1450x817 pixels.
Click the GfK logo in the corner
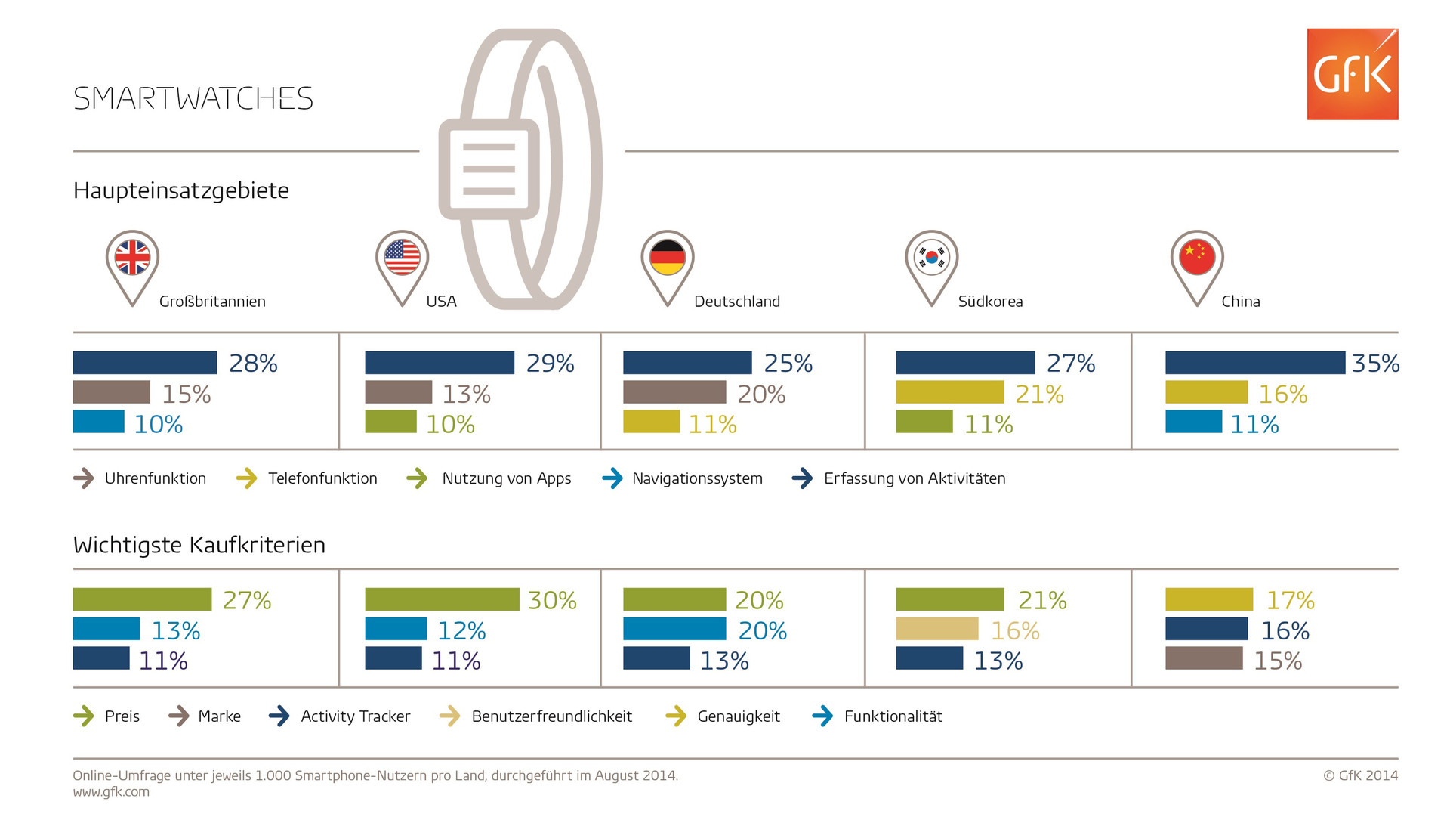coord(1352,74)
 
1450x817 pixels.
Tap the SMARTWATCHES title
coord(193,98)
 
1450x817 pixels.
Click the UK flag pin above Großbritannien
coord(132,258)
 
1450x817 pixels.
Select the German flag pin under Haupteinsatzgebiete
coord(667,258)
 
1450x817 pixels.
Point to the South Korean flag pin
coord(931,258)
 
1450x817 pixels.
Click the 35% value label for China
coord(1375,364)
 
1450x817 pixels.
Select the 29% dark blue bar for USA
coord(440,363)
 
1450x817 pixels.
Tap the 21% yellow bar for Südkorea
coord(949,392)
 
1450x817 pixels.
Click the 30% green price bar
coord(442,599)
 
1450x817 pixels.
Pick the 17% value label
coord(1290,601)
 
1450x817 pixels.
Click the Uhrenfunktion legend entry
coord(155,478)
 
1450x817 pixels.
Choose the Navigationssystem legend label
coord(697,478)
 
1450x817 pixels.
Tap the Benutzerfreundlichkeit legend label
coord(551,716)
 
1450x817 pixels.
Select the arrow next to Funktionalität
coord(822,716)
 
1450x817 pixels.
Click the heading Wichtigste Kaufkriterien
coord(199,545)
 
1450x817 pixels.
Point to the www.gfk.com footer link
coord(111,792)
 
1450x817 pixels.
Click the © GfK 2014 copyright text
coord(1360,775)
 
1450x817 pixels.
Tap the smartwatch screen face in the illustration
coord(489,169)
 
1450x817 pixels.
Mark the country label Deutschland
coord(736,302)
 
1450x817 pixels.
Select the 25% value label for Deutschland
coord(788,364)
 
